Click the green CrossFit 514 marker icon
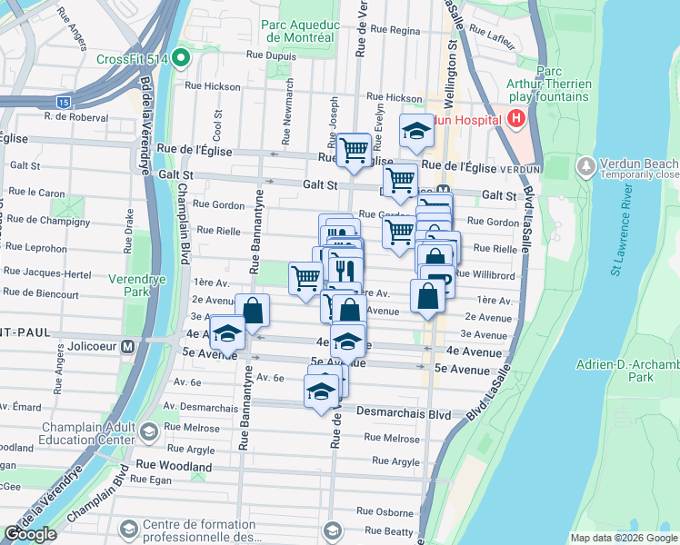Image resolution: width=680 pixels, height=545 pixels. click(180, 60)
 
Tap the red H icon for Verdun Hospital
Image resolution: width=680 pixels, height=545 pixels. click(516, 118)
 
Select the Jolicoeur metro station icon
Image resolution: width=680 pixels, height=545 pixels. click(128, 346)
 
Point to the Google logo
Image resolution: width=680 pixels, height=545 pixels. click(31, 534)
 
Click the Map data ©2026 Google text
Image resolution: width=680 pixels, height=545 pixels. click(623, 538)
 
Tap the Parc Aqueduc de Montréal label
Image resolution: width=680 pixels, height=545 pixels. click(297, 32)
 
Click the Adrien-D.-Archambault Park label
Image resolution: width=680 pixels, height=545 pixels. click(628, 370)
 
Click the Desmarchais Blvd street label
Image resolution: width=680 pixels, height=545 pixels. click(407, 413)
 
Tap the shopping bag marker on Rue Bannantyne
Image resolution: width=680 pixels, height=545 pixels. click(253, 311)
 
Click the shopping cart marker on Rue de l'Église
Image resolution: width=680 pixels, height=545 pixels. click(353, 150)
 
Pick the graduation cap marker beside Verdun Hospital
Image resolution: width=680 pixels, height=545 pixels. click(416, 130)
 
